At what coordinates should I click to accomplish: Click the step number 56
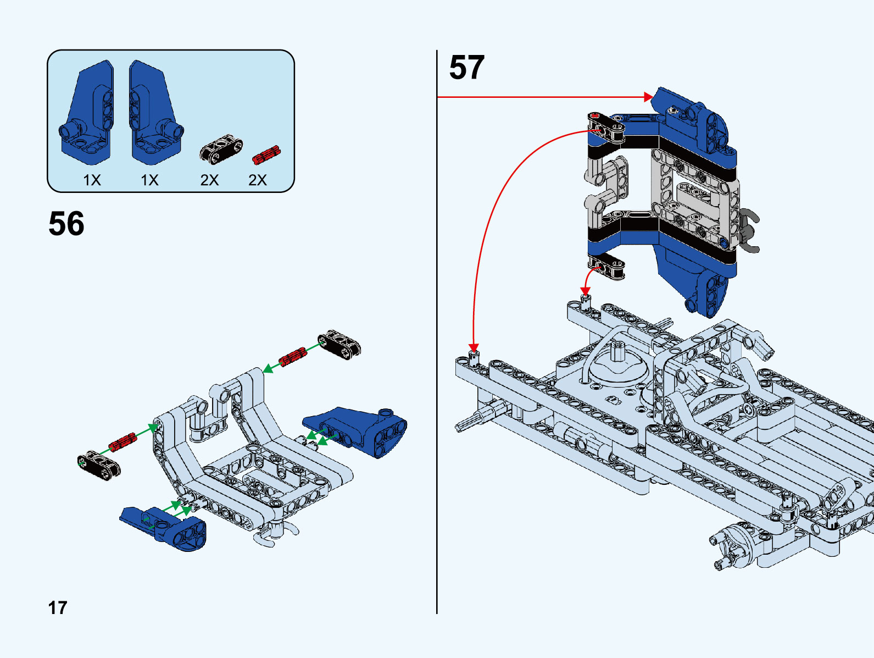[66, 223]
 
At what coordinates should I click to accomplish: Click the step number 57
[466, 67]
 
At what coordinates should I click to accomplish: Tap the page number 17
[58, 607]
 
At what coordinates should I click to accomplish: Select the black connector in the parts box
[221, 149]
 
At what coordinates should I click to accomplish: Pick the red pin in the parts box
[266, 155]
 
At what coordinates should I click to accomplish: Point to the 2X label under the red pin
[257, 180]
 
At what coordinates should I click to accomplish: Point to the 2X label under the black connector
[209, 180]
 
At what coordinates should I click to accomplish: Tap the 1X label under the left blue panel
[92, 180]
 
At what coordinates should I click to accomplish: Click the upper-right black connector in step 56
[339, 344]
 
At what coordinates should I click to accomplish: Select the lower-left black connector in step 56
[99, 465]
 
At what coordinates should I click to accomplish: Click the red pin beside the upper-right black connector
[292, 357]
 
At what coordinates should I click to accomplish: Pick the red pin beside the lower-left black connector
[122, 442]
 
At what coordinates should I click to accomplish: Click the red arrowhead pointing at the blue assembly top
[648, 97]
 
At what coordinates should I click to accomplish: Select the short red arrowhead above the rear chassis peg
[586, 291]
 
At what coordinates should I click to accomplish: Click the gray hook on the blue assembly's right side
[750, 231]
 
